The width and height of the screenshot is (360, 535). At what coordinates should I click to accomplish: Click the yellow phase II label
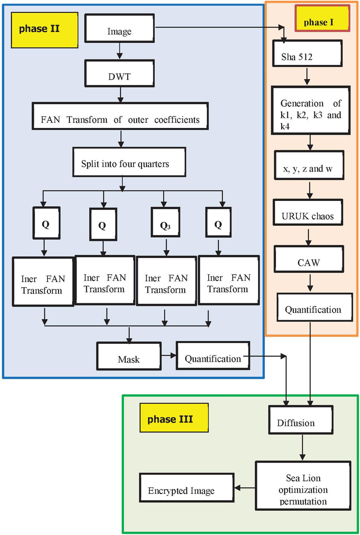(x=44, y=30)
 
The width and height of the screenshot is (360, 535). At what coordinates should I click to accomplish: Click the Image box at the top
(x=119, y=28)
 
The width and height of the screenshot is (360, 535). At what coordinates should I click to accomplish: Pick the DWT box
(x=119, y=73)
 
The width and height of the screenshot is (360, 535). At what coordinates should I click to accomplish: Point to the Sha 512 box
(x=307, y=53)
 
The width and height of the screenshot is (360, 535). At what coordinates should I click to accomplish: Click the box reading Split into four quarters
(x=129, y=162)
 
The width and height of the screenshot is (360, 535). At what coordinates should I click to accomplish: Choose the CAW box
(x=308, y=259)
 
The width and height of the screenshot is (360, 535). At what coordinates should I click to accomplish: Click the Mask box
(x=129, y=356)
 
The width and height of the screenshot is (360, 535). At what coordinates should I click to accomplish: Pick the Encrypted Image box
(x=186, y=487)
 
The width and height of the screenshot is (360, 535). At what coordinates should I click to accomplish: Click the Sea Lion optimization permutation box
(x=303, y=486)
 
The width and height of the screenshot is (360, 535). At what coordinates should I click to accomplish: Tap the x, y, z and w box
(x=308, y=165)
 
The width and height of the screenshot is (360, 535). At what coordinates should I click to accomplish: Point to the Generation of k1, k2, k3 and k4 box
(x=310, y=110)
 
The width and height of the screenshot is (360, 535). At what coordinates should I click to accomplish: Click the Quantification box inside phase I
(x=314, y=307)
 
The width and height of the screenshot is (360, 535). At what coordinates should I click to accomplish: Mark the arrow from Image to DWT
(x=119, y=50)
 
